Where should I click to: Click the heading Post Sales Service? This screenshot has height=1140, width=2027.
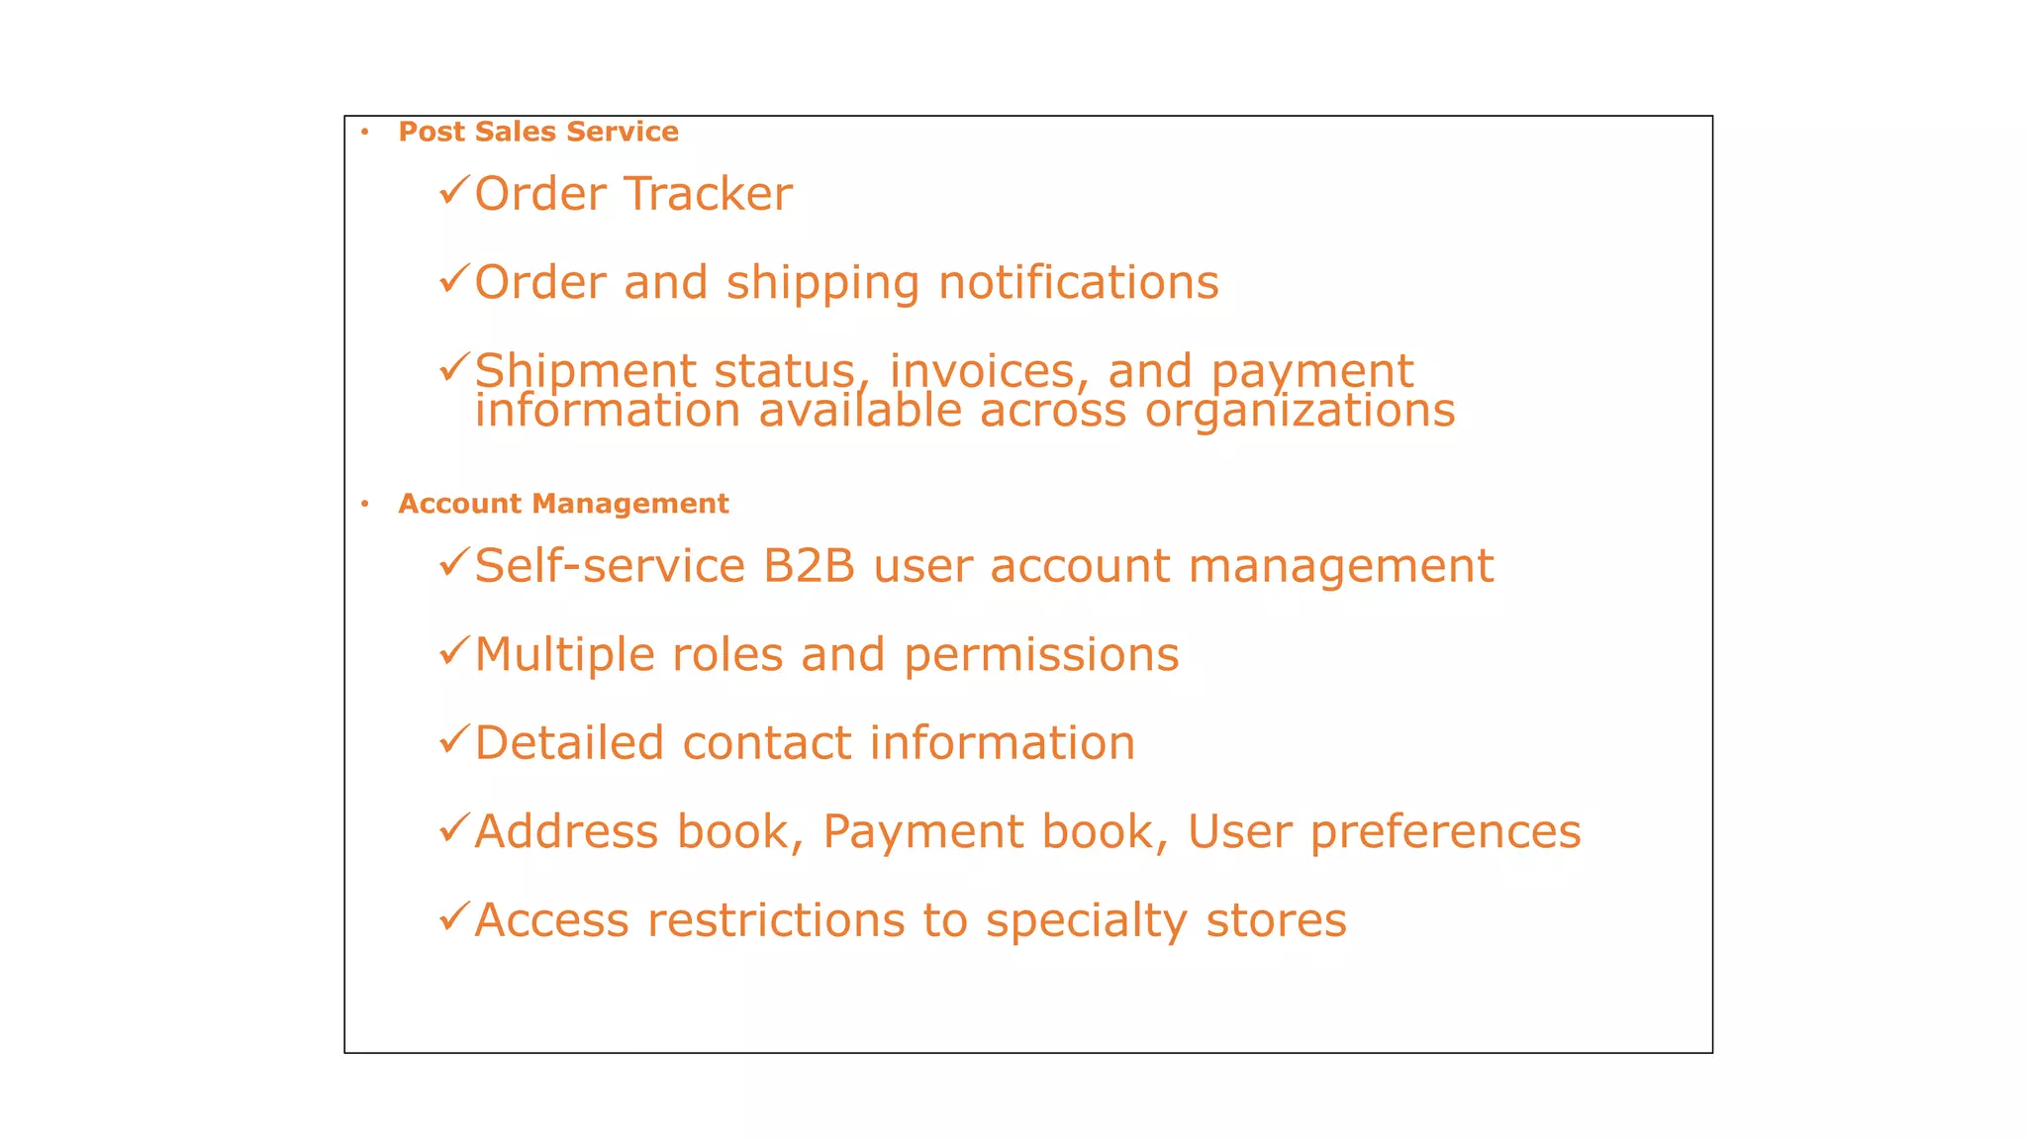point(537,132)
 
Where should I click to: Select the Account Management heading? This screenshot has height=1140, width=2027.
point(563,504)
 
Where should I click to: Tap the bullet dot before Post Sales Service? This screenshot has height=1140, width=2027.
point(365,132)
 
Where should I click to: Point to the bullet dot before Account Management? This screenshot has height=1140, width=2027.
point(365,504)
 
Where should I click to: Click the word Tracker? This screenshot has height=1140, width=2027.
point(709,194)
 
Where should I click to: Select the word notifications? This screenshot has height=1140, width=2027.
point(1078,283)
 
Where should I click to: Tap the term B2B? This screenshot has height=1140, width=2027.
point(809,566)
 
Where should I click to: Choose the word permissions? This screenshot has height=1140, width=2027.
point(1041,655)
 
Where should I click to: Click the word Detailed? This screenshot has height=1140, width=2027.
point(569,743)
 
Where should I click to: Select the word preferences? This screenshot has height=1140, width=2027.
point(1445,832)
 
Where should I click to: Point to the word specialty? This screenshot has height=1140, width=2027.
point(1086,922)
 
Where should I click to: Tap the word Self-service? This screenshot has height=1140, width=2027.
point(609,566)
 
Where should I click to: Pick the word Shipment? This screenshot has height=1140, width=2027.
point(585,372)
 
